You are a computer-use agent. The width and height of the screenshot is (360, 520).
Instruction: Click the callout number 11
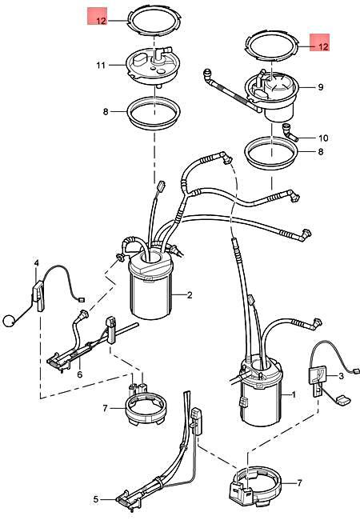[101, 66]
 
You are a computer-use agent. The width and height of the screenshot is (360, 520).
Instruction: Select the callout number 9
[321, 87]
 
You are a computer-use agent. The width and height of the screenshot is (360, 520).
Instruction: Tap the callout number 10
[323, 138]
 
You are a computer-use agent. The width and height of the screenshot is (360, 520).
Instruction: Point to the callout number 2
[190, 295]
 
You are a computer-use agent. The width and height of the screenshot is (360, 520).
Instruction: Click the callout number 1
[294, 394]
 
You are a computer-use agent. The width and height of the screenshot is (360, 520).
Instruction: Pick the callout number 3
[341, 376]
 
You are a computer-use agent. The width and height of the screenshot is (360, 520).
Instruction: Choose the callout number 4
[37, 263]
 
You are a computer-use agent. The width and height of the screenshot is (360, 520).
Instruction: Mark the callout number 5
[96, 499]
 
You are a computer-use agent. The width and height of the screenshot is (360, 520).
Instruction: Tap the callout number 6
[79, 374]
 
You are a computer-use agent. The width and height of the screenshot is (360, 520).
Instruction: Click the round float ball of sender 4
[8, 321]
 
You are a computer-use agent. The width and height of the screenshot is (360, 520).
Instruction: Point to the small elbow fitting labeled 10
[288, 132]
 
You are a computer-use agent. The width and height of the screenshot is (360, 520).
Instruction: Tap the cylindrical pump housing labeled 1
[262, 391]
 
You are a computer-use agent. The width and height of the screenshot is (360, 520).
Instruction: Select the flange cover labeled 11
[154, 67]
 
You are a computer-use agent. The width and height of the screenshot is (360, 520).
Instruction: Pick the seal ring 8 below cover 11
[154, 112]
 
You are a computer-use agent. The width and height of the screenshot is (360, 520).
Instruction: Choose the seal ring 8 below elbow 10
[272, 154]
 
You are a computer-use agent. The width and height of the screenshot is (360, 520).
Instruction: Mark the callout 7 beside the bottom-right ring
[299, 483]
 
